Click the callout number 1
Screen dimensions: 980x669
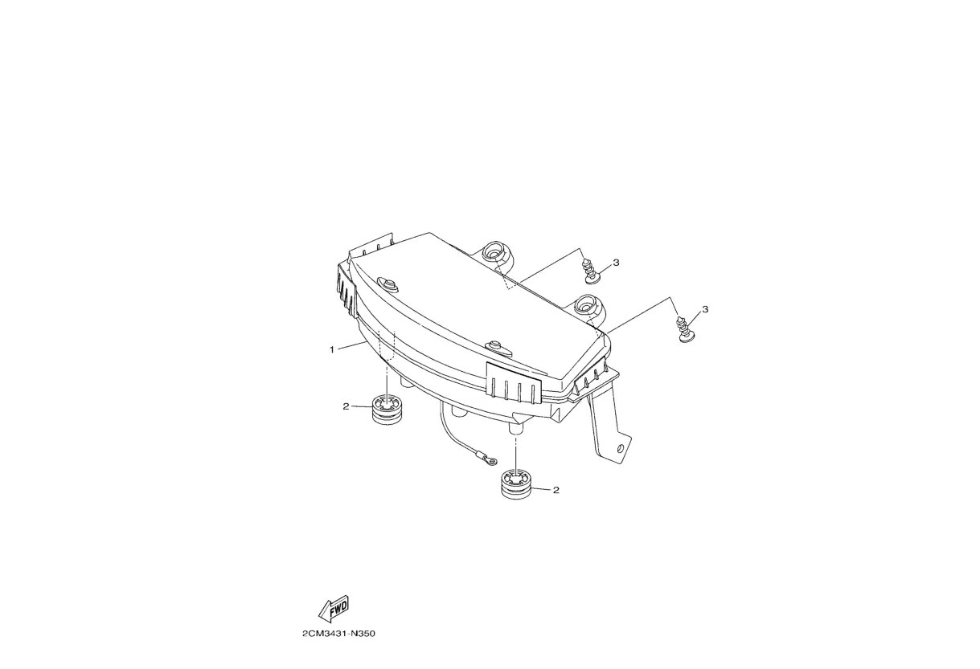click(x=331, y=349)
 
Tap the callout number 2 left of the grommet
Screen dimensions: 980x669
click(x=346, y=406)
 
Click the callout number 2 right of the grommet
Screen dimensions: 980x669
click(x=556, y=490)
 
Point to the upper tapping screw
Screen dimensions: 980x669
click(x=591, y=270)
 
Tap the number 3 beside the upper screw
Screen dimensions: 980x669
click(x=616, y=263)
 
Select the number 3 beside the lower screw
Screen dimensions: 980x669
click(x=705, y=309)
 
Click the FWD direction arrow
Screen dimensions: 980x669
click(x=333, y=610)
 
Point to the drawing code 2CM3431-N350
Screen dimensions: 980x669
click(x=338, y=634)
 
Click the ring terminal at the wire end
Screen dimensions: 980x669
click(x=487, y=460)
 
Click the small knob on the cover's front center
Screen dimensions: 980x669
click(x=497, y=347)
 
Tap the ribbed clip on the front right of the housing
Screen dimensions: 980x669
click(x=512, y=381)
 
